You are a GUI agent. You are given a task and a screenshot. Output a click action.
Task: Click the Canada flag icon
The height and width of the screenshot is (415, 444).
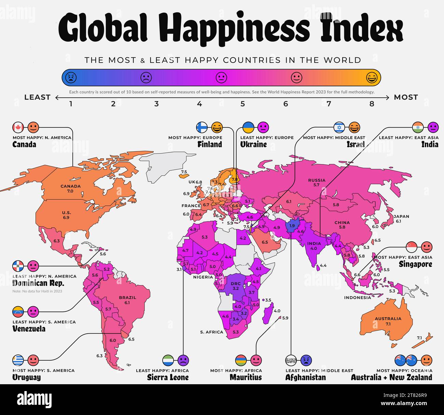pyautogui.click(x=18, y=128)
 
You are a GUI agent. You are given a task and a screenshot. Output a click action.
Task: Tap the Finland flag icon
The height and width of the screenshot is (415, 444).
pyautogui.click(x=202, y=128)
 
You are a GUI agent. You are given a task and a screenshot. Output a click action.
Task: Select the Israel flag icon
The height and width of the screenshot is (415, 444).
pyautogui.click(x=339, y=128)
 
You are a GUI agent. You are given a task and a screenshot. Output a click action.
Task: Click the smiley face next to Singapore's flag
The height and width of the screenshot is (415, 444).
pyautogui.click(x=426, y=247)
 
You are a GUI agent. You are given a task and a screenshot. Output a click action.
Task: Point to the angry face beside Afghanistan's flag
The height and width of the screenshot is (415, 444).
pyautogui.click(x=306, y=360)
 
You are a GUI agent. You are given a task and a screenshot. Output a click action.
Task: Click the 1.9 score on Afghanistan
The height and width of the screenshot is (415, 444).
pyautogui.click(x=292, y=226)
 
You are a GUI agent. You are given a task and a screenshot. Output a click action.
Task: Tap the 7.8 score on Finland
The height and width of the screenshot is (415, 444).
pyautogui.click(x=234, y=179)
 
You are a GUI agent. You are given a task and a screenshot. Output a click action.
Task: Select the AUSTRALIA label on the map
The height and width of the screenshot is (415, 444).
pyautogui.click(x=388, y=319)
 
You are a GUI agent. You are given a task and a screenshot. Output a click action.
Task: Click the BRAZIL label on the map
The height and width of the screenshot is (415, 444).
pyautogui.click(x=127, y=297)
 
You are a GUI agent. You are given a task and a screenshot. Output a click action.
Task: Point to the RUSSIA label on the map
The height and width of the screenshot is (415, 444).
pyautogui.click(x=317, y=180)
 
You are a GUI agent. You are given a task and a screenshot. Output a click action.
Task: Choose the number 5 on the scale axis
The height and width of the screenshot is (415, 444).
pyautogui.click(x=242, y=104)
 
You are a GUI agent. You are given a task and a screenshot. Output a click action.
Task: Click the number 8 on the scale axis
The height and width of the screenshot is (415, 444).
pyautogui.click(x=372, y=104)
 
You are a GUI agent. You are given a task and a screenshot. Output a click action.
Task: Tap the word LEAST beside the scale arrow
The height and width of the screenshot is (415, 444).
pyautogui.click(x=37, y=97)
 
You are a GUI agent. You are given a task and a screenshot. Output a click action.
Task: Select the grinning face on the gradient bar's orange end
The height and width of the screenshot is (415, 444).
pyautogui.click(x=372, y=78)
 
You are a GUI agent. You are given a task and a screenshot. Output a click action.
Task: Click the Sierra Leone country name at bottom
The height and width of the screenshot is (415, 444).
pyautogui.click(x=168, y=377)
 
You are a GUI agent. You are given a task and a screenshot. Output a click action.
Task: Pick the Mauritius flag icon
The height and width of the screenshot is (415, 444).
pyautogui.click(x=241, y=360)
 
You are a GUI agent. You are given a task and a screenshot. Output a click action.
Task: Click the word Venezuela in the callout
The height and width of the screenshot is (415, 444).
pyautogui.click(x=29, y=329)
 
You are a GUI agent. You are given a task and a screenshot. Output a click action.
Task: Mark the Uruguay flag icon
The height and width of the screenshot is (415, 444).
pyautogui.click(x=18, y=360)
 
